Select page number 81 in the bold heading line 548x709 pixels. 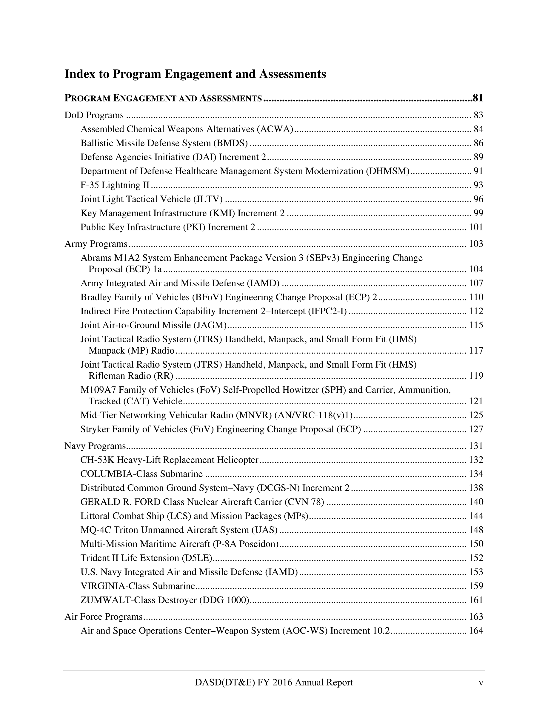478,98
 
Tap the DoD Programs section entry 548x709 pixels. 94,115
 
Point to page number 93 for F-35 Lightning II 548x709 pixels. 478,185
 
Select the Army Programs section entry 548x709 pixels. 96,243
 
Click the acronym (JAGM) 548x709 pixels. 210,325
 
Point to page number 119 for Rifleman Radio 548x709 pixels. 476,376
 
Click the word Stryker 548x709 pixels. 95,429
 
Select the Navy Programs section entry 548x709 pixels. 95,446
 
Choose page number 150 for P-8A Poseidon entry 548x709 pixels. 476,544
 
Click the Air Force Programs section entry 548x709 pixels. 103,616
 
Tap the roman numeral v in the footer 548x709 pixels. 481,682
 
